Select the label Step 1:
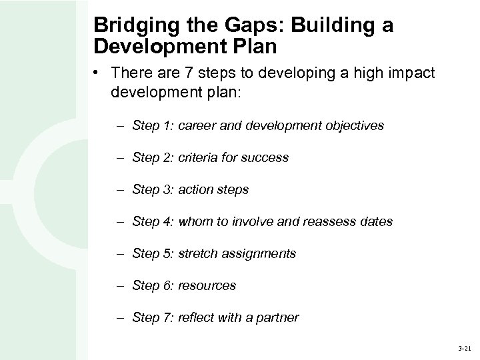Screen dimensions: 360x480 [152, 125]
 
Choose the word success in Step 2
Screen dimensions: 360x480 [265, 157]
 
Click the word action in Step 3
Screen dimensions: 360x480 [195, 189]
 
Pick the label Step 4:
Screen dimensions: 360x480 [152, 221]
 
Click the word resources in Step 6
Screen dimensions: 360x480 [207, 285]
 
